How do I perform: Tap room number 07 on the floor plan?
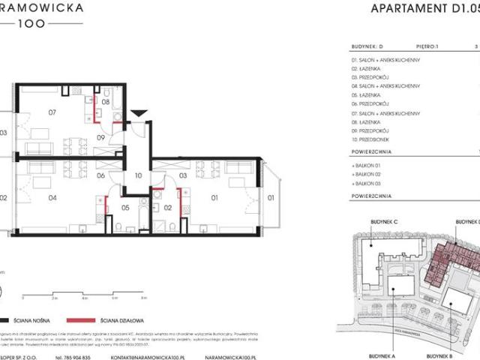pos(52,114)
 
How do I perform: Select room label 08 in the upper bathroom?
pos(106,101)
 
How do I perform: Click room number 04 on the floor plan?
pos(53,199)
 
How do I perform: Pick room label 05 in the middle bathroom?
pos(125,208)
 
